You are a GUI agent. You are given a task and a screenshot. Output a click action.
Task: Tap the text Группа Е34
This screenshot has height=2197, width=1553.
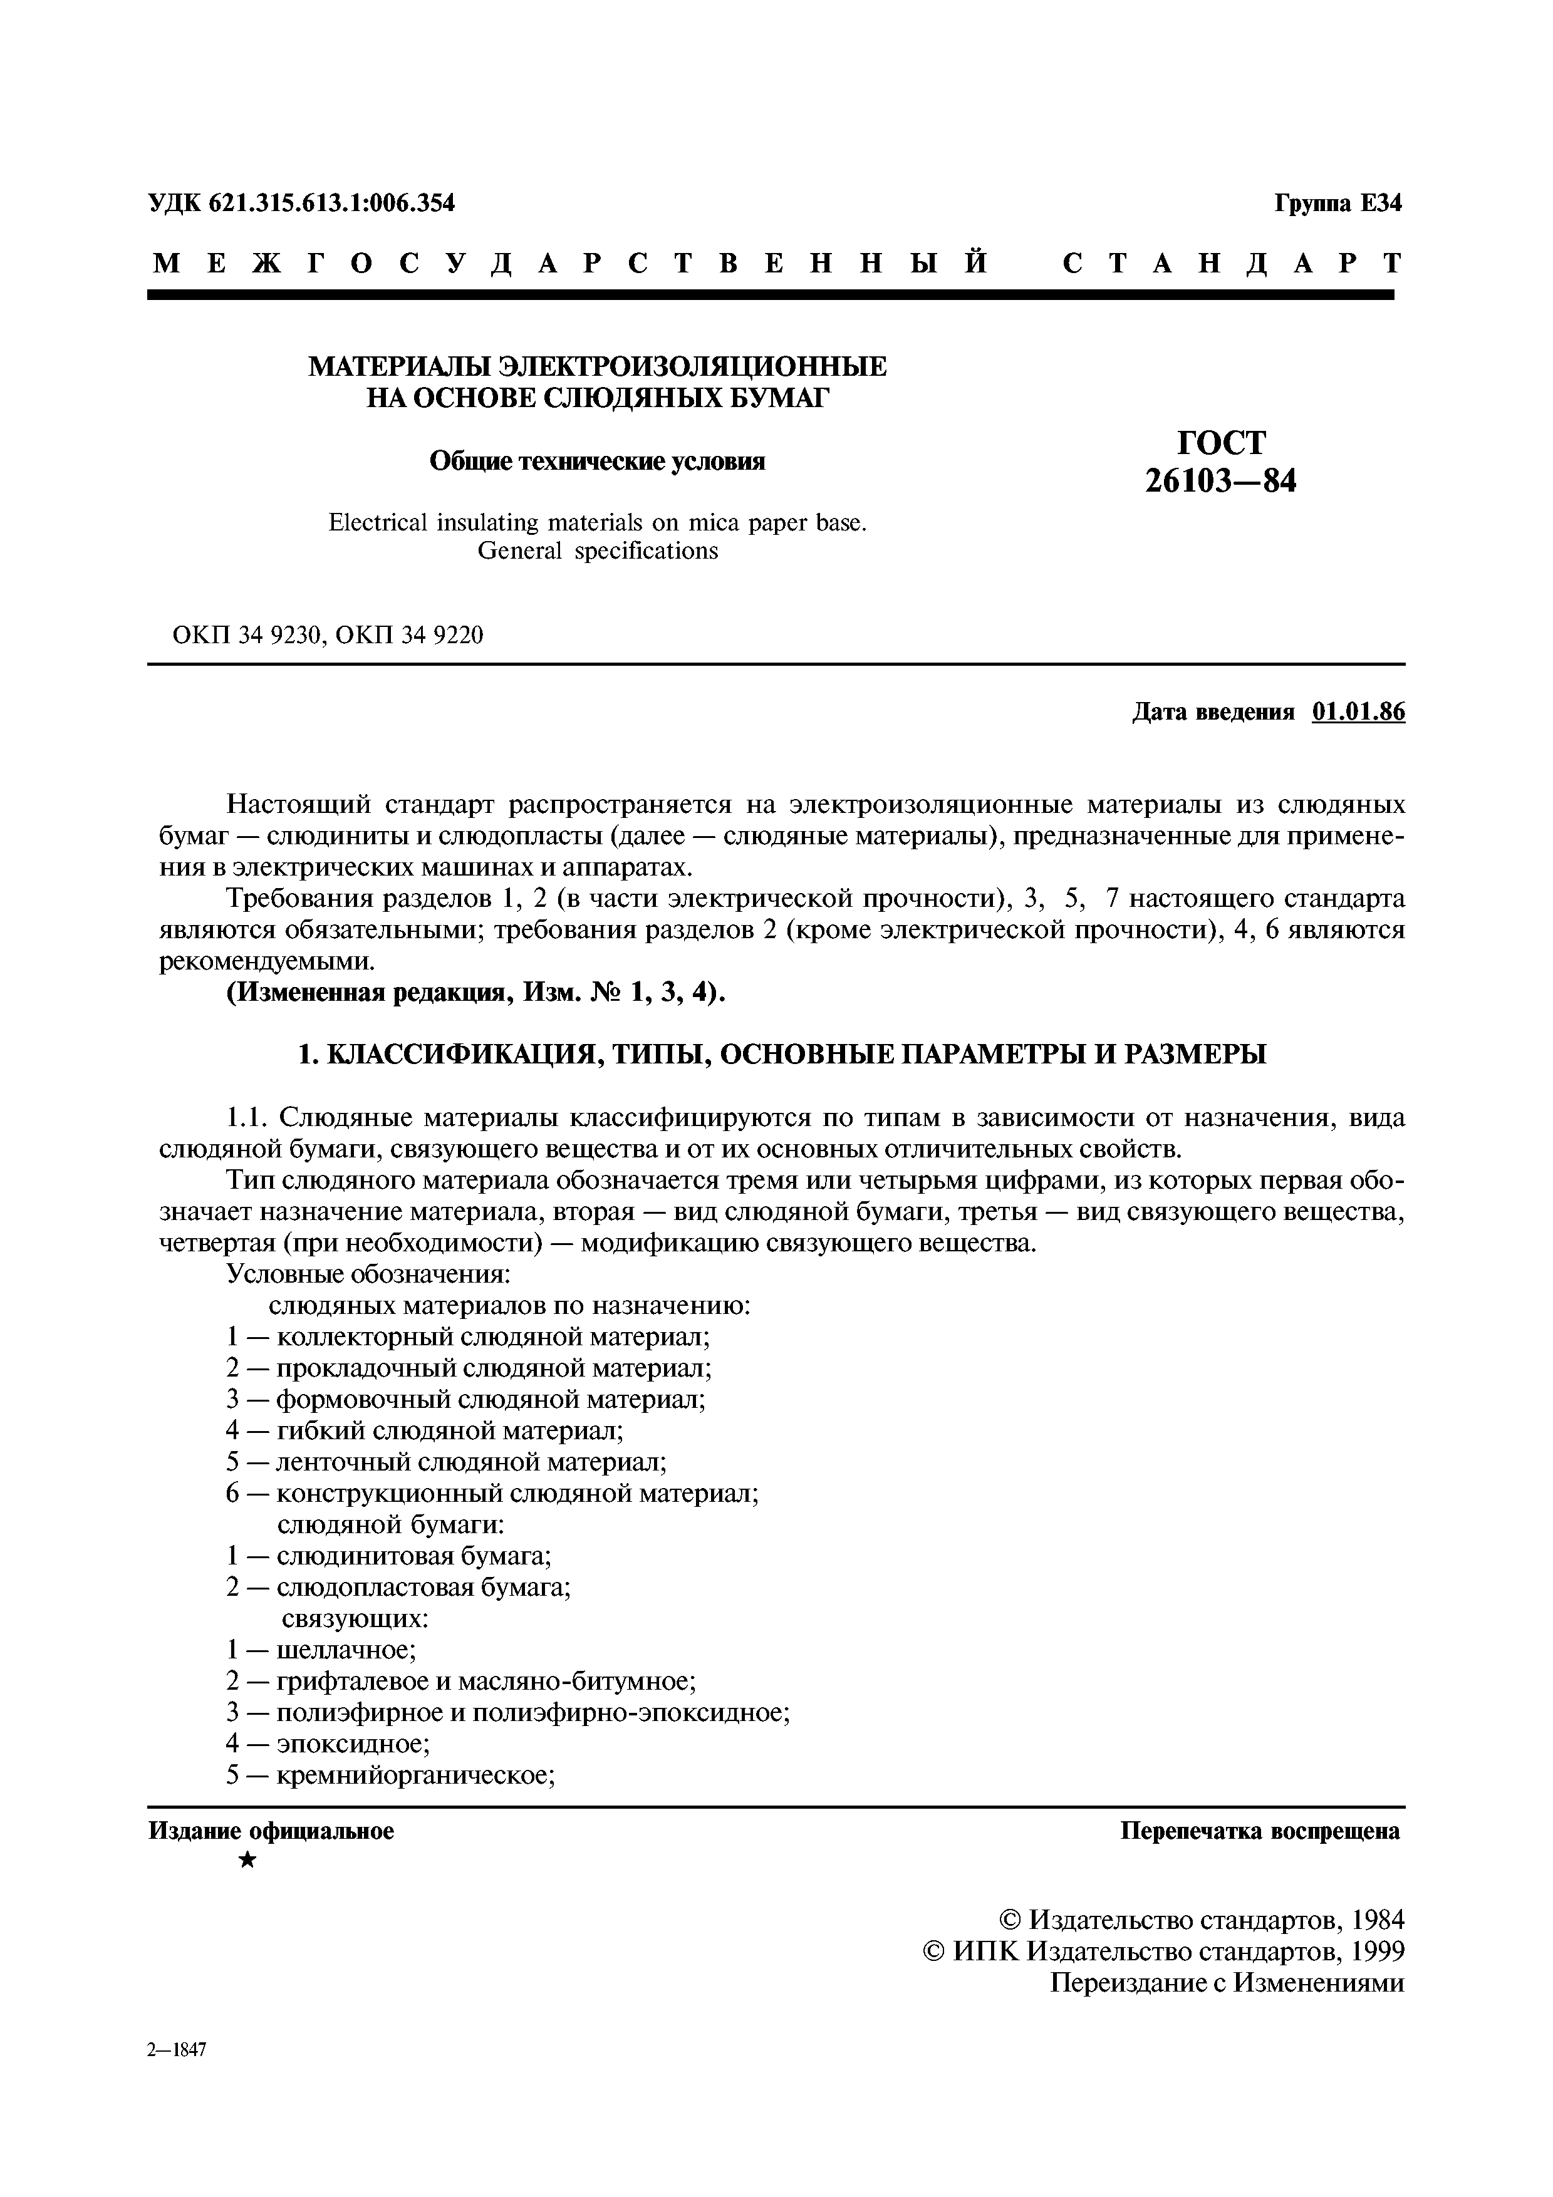pyautogui.click(x=1337, y=203)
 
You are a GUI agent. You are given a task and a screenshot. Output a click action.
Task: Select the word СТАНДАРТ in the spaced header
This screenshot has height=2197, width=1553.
pyautogui.click(x=1232, y=263)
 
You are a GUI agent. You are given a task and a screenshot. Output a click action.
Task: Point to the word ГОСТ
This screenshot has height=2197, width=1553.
pyautogui.click(x=1221, y=442)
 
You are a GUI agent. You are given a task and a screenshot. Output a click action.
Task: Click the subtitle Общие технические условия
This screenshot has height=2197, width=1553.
pyautogui.click(x=597, y=462)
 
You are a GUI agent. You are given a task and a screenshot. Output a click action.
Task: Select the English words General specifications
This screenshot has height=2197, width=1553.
pyautogui.click(x=597, y=551)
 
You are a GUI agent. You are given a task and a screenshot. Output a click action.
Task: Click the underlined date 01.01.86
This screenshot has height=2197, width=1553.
pyautogui.click(x=1359, y=712)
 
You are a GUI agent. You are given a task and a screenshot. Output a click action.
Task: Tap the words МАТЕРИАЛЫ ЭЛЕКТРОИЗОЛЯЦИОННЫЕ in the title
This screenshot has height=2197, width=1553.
pyautogui.click(x=597, y=366)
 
